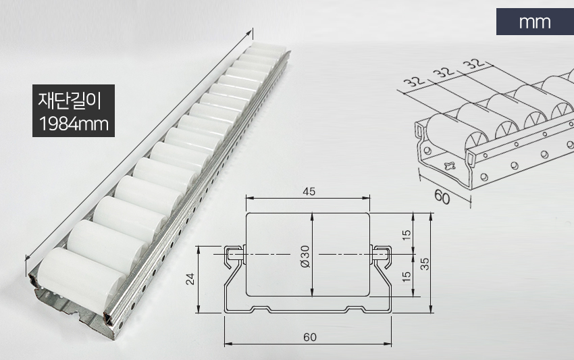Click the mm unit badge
(535, 22)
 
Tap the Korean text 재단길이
(70, 101)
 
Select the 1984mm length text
(74, 124)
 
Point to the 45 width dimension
(309, 192)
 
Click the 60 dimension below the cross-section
(310, 337)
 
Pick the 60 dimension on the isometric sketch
(442, 197)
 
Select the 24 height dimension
(190, 279)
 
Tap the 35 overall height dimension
(424, 263)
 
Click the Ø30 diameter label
(305, 257)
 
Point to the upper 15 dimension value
(407, 235)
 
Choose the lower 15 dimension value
(407, 276)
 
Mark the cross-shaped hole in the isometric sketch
(449, 165)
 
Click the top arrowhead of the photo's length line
(250, 33)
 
